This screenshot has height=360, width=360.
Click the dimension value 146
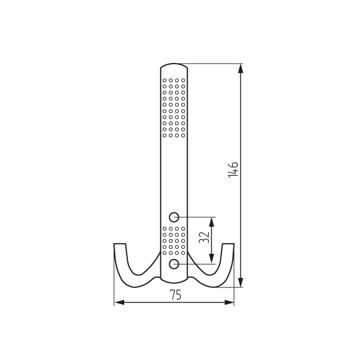(x=233, y=170)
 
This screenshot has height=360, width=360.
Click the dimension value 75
(x=175, y=295)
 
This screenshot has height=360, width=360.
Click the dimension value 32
(x=204, y=238)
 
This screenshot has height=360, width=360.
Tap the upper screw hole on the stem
(x=174, y=217)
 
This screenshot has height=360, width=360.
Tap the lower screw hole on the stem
(x=174, y=264)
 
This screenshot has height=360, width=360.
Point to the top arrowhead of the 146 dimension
(x=241, y=68)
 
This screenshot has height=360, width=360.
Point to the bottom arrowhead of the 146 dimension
(x=241, y=282)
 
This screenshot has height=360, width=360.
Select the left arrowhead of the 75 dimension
(x=119, y=302)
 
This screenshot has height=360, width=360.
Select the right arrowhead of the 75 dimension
(x=229, y=302)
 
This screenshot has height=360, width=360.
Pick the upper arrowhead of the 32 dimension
(x=212, y=222)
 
